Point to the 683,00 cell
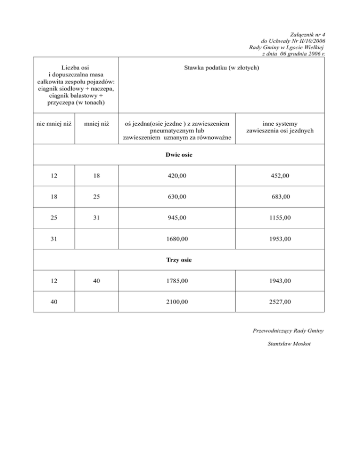click(280, 197)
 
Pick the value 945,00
click(177, 218)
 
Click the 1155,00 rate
click(280, 218)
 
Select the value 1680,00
click(177, 239)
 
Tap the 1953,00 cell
click(280, 239)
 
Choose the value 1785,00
click(177, 281)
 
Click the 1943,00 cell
click(280, 281)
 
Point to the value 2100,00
click(177, 302)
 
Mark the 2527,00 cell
click(280, 302)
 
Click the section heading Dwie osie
click(179, 154)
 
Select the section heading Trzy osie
click(179, 260)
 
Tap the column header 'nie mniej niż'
click(53, 124)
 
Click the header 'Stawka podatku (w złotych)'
click(221, 68)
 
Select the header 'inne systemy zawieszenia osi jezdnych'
click(280, 127)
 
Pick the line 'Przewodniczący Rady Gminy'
click(288, 331)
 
